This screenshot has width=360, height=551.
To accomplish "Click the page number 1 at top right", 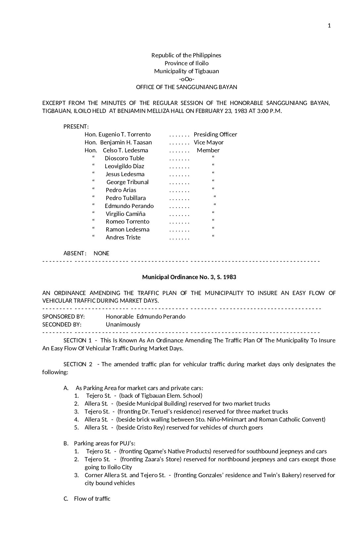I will coord(329,26).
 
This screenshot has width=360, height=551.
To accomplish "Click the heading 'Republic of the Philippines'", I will coord(186,55).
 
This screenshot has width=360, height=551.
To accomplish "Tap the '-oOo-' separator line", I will coord(186,79).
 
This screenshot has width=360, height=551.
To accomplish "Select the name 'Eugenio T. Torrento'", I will coord(124,134).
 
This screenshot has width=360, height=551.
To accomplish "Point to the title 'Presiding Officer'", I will coord(215,134).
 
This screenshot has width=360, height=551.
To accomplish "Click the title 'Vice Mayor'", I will coord(209,142).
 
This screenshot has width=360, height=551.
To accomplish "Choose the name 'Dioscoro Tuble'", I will coord(124,158).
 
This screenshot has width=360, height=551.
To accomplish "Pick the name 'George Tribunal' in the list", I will coord(127,182).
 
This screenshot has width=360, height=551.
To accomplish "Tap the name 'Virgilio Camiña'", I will coord(125,214).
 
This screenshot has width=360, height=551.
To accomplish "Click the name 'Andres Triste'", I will coord(123,237).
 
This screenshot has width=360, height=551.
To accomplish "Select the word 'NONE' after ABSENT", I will coord(101,253).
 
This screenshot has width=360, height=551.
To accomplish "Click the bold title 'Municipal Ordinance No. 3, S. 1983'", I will coord(189,277).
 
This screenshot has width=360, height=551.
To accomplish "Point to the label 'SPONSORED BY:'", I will coord(64,317).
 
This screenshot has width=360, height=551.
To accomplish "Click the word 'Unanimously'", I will coord(123,325).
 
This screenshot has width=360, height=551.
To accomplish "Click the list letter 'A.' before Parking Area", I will coord(66,388).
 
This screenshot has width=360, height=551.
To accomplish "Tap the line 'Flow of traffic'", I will coord(92,499).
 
